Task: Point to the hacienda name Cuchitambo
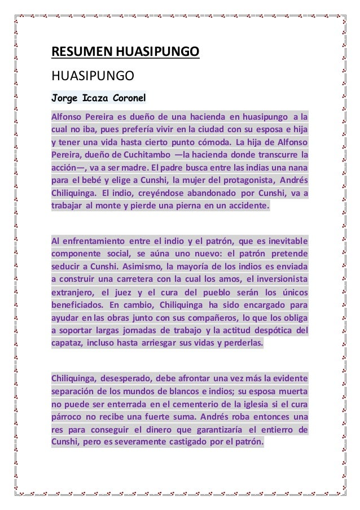coord(141,154)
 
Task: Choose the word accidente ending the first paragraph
coord(247,206)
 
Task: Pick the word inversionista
coord(283,280)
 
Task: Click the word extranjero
coord(72,293)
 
